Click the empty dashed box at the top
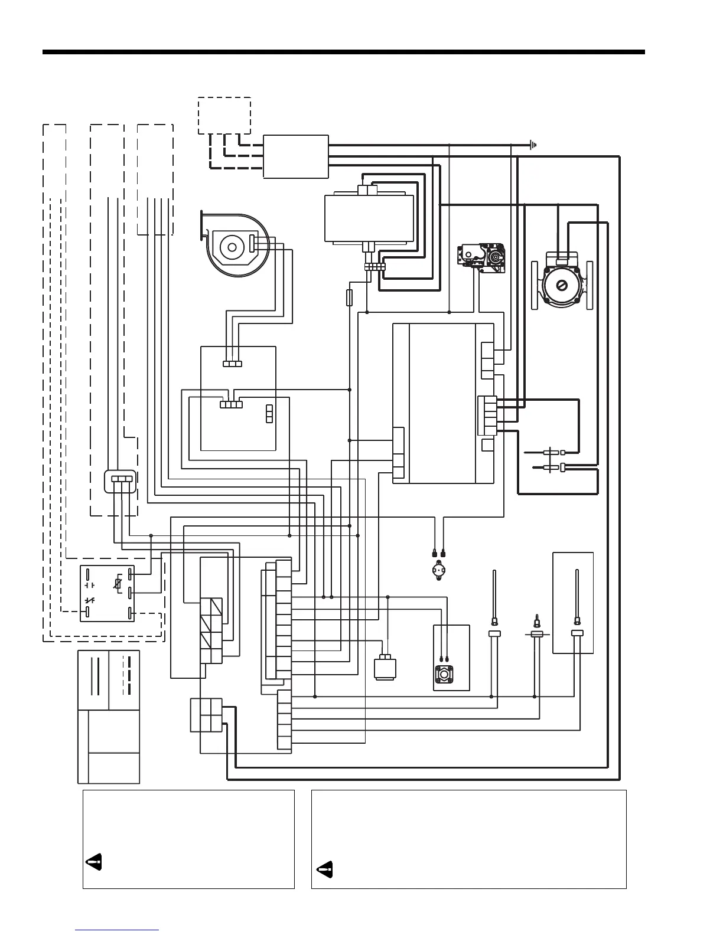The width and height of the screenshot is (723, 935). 224,115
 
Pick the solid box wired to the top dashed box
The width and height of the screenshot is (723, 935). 295,156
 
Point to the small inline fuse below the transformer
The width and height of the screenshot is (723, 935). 349,297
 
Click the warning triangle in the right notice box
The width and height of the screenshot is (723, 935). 324,869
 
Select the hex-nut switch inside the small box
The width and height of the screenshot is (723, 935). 444,674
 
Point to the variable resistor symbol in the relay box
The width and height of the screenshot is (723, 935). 118,584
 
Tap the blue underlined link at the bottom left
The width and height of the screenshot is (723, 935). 117,931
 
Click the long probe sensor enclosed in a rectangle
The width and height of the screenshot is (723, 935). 577,596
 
